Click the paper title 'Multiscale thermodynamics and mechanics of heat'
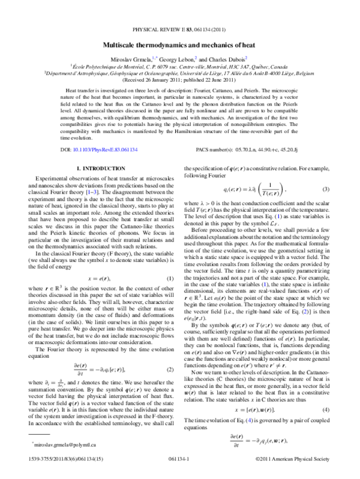(x=180, y=45)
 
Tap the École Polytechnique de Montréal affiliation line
(x=180, y=67)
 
